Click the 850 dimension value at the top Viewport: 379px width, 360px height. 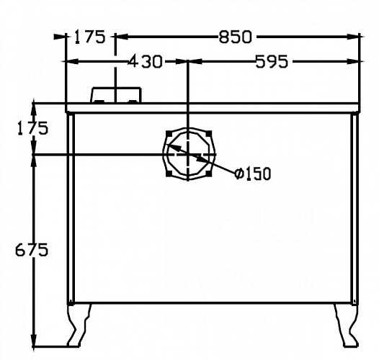(x=235, y=37)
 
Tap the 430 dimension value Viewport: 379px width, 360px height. (x=144, y=61)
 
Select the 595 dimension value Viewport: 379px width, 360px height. (x=272, y=61)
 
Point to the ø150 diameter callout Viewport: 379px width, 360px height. (x=253, y=174)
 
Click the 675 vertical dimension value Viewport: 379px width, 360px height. (x=32, y=250)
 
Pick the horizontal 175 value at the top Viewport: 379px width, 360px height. (x=89, y=37)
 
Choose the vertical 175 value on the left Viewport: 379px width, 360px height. (x=33, y=128)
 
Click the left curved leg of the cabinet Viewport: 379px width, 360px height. (x=79, y=325)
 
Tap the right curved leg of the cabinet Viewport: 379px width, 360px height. (x=347, y=325)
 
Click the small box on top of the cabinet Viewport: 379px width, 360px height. (x=116, y=95)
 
